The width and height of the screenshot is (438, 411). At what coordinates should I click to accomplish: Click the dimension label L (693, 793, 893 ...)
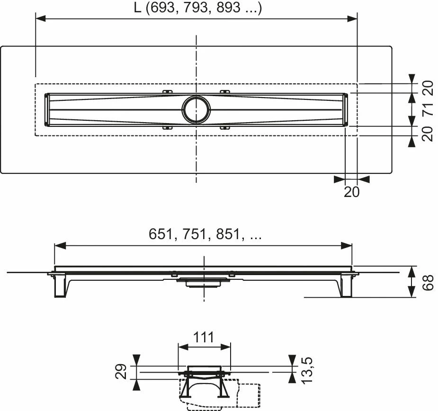[197, 8]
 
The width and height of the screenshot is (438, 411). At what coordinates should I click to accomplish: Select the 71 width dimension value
[427, 110]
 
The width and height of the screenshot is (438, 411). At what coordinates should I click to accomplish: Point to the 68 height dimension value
[427, 282]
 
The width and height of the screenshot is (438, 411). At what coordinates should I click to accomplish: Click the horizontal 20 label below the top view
[352, 191]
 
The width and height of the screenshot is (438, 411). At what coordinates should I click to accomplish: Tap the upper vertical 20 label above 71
[427, 88]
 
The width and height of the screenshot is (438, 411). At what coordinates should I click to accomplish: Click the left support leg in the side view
[60, 286]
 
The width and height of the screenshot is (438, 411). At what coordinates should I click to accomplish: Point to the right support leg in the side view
[346, 286]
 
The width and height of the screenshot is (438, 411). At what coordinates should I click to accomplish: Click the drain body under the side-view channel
[204, 283]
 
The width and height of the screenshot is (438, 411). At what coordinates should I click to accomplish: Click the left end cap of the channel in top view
[46, 110]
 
